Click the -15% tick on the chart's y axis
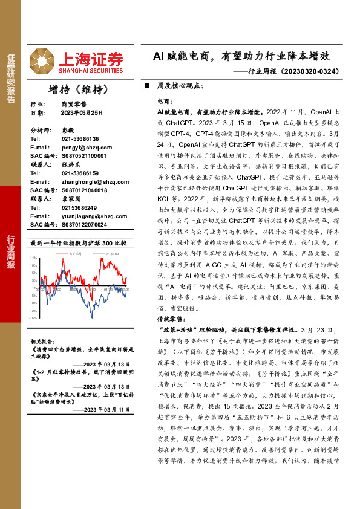click(34, 317)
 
